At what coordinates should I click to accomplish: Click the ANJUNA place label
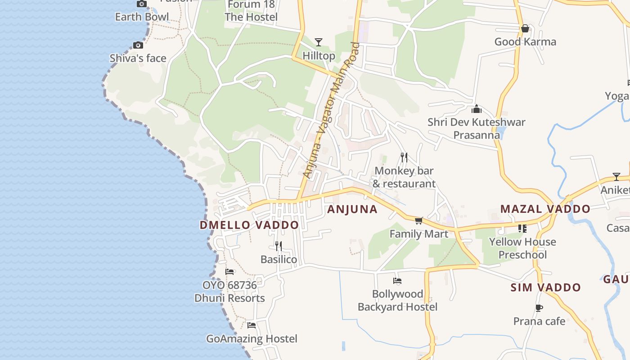[x=352, y=209]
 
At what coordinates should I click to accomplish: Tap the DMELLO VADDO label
[x=249, y=225]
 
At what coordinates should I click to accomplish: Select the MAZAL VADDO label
[x=545, y=209]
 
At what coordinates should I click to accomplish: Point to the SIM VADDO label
[x=545, y=287]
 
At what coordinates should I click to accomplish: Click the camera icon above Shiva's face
[x=138, y=45]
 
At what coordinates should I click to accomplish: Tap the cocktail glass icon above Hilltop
[x=319, y=42]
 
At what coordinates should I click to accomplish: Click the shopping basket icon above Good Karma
[x=525, y=29]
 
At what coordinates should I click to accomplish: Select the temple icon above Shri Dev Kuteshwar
[x=477, y=109]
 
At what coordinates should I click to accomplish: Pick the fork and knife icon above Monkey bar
[x=404, y=157]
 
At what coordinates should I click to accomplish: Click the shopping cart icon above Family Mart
[x=419, y=220]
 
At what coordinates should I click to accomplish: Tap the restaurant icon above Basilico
[x=279, y=246]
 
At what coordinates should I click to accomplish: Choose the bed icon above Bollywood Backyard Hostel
[x=397, y=281]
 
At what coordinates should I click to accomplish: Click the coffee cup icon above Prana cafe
[x=539, y=308]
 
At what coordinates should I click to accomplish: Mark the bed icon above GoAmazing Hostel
[x=252, y=325]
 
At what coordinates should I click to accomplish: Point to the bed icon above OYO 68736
[x=229, y=272]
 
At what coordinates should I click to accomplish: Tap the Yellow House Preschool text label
[x=522, y=248]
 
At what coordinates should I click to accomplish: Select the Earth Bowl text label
[x=142, y=17]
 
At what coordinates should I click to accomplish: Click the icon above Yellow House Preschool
[x=522, y=229]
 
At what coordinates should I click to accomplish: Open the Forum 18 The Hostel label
[x=251, y=11]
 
